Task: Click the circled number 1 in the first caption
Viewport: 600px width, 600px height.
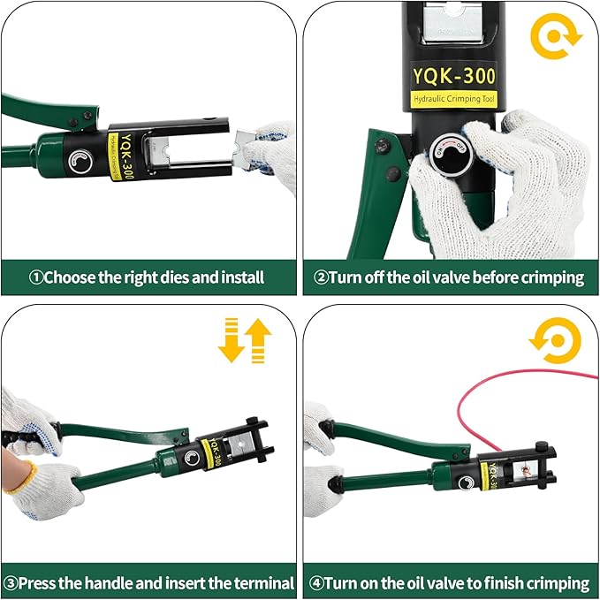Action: pos(36,277)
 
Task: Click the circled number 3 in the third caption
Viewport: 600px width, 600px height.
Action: pos(10,583)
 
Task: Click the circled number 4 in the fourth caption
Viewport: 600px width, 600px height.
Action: pos(315,583)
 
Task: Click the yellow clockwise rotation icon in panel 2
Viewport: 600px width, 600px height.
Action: pos(554,36)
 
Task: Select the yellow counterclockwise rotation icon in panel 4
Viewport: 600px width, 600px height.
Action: pos(556,341)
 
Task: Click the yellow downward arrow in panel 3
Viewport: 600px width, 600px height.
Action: pos(231,342)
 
